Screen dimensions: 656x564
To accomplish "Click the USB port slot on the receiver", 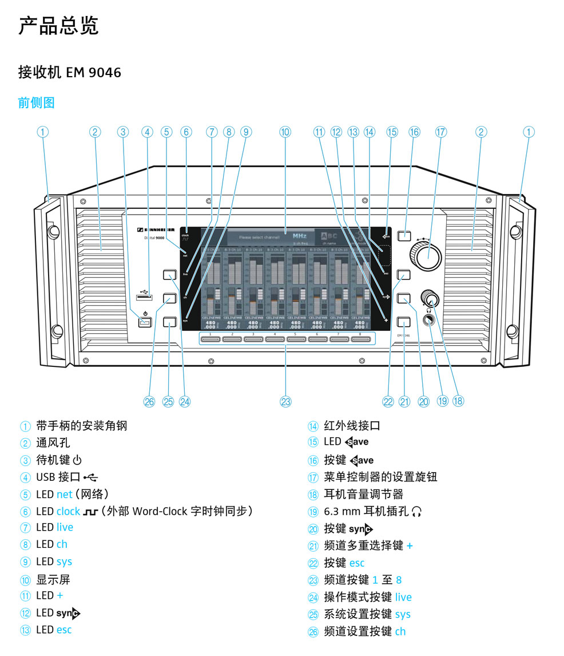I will pyautogui.click(x=145, y=297).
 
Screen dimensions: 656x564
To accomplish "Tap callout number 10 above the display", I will pyautogui.click(x=285, y=132).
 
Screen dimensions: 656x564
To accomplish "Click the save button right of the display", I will pyautogui.click(x=404, y=235).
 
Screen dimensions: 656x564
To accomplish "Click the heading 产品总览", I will pyautogui.click(x=58, y=26).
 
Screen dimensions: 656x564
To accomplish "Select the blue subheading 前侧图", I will pyautogui.click(x=37, y=103).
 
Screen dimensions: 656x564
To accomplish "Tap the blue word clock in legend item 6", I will pyautogui.click(x=68, y=511).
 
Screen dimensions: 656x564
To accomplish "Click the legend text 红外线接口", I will pyautogui.click(x=352, y=425).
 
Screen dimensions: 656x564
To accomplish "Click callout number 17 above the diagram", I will pyautogui.click(x=440, y=132).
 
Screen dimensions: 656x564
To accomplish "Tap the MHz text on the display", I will pyautogui.click(x=300, y=235).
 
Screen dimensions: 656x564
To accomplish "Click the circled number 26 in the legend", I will pyautogui.click(x=313, y=631).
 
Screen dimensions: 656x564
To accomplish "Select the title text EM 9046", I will pyautogui.click(x=94, y=73).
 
